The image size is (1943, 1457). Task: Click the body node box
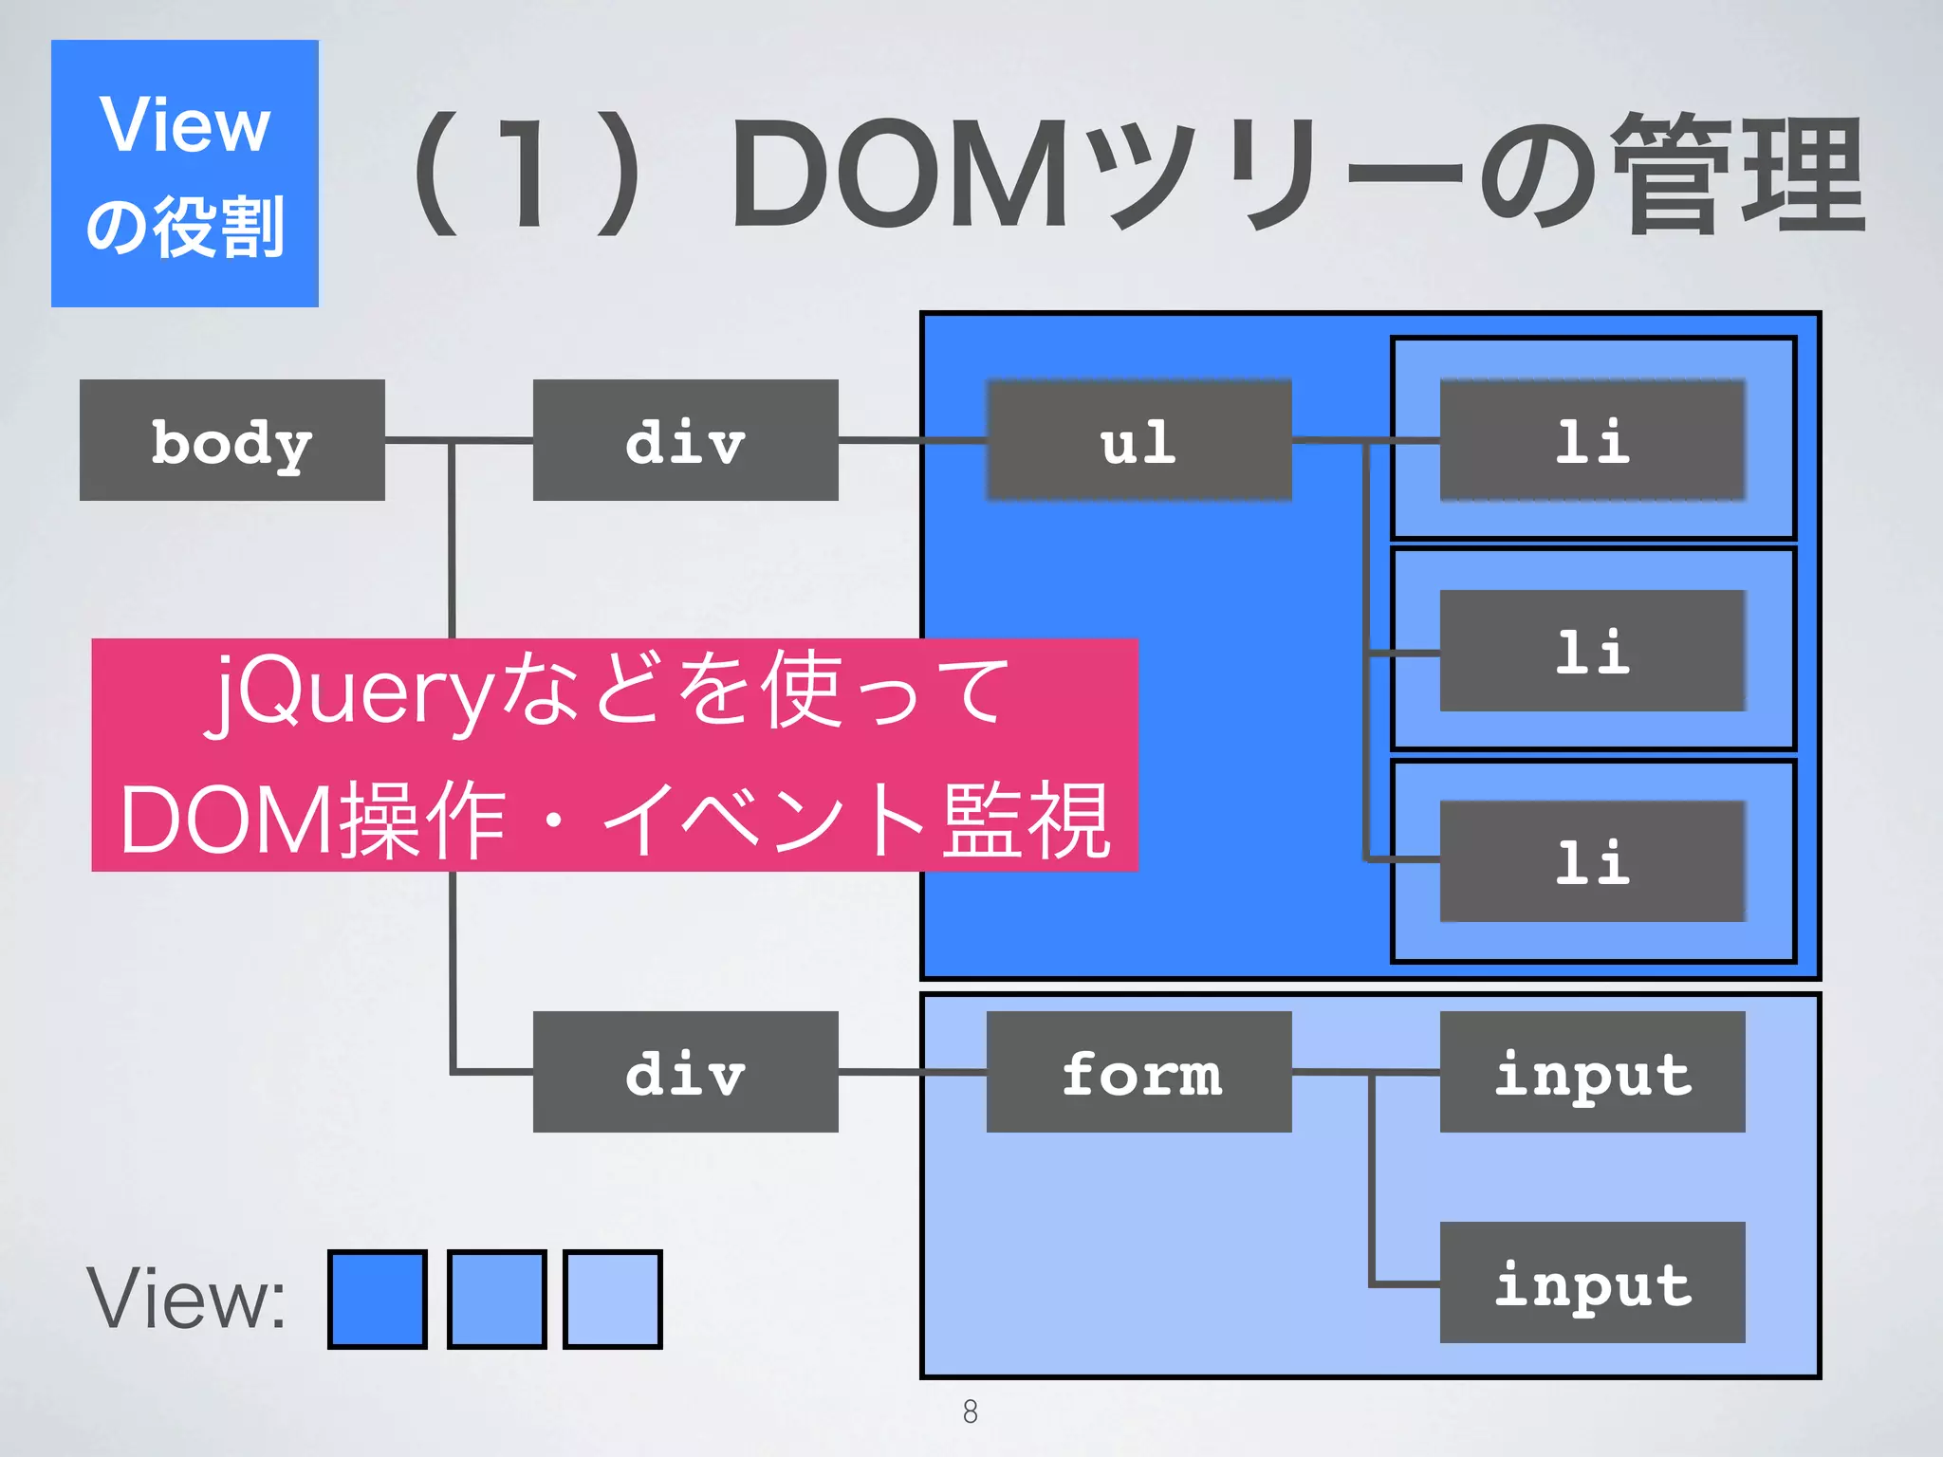[x=232, y=440]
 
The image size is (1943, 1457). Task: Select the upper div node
[x=685, y=440]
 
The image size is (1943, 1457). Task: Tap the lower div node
[x=685, y=1072]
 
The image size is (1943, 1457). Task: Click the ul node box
[x=1138, y=440]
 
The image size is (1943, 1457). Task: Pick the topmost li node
[x=1592, y=440]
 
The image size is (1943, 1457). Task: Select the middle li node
[x=1592, y=651]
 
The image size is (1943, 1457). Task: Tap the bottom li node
[x=1592, y=861]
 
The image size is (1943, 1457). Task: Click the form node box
[x=1138, y=1072]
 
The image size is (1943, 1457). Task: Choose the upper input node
[x=1592, y=1072]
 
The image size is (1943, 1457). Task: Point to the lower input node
[x=1592, y=1282]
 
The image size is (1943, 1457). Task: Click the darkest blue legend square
[x=377, y=1299]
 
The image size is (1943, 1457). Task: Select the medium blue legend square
[x=496, y=1299]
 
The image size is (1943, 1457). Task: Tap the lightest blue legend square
[x=612, y=1299]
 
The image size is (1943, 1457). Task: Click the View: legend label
[x=186, y=1299]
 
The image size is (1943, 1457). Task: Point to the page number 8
[x=970, y=1411]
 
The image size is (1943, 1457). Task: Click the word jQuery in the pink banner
[x=351, y=691]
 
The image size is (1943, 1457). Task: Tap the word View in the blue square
[x=185, y=125]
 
